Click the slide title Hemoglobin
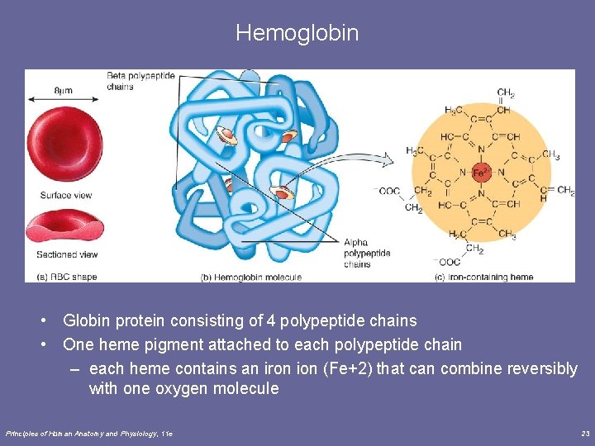point(297,33)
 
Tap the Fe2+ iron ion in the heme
point(480,173)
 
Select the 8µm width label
point(61,88)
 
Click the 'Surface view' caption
point(65,196)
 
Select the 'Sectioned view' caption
point(68,254)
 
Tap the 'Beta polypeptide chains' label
point(140,81)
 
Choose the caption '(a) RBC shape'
point(67,277)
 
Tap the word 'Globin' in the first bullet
point(87,320)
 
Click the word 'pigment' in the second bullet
point(174,344)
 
